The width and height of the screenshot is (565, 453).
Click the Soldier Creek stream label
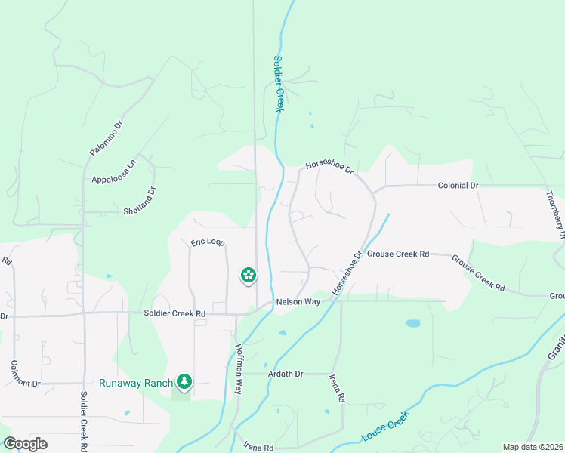(277, 84)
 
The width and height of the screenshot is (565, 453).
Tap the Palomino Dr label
(106, 138)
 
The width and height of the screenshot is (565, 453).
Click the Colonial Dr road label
(458, 186)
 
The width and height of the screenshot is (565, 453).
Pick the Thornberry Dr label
(554, 214)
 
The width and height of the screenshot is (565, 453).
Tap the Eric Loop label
(207, 242)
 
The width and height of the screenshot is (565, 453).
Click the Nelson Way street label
(298, 302)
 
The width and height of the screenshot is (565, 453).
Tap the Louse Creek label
(385, 428)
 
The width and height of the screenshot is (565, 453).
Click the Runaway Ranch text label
(137, 383)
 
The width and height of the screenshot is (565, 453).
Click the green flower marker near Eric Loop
(248, 276)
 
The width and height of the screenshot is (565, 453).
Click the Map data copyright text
(533, 447)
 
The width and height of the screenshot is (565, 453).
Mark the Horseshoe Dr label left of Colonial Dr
(329, 167)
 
